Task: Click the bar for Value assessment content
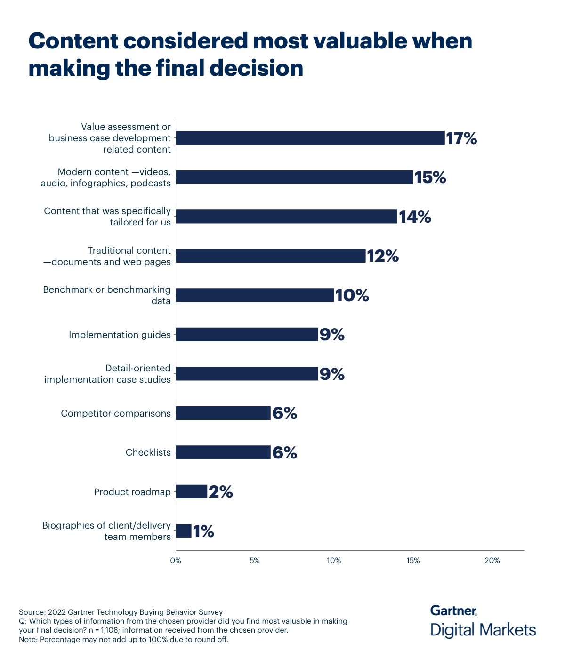310,138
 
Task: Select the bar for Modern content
294,177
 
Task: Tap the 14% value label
415,217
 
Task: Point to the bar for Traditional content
271,256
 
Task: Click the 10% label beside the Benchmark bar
352,296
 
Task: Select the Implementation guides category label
120,335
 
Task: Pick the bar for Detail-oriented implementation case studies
247,374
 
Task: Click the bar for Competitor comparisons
223,413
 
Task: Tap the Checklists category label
148,452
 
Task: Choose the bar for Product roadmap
192,492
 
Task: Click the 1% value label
203,531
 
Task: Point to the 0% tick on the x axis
176,561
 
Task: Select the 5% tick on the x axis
255,561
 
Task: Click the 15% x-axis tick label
413,561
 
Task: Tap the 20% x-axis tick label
492,561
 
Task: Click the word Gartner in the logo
453,611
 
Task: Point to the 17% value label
461,138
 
